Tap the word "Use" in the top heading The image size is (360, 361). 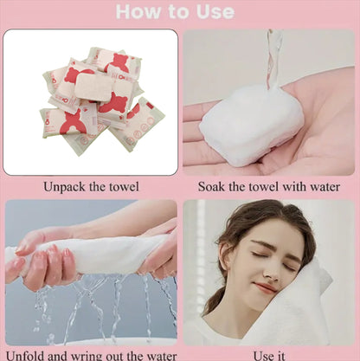coord(215,11)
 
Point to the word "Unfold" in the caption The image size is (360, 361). coord(24,356)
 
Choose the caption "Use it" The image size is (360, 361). coord(269,356)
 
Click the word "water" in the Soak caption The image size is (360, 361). coord(325,187)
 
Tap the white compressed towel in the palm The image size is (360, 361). coord(252,126)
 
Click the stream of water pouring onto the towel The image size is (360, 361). coord(273,58)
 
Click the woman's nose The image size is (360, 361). coord(270,271)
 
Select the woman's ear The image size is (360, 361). coord(224,253)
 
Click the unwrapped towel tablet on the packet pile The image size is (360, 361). coord(93,87)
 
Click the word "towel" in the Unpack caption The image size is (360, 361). coord(125,187)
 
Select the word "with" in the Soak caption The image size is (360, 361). coord(295,187)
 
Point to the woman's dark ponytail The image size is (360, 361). coord(215,300)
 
